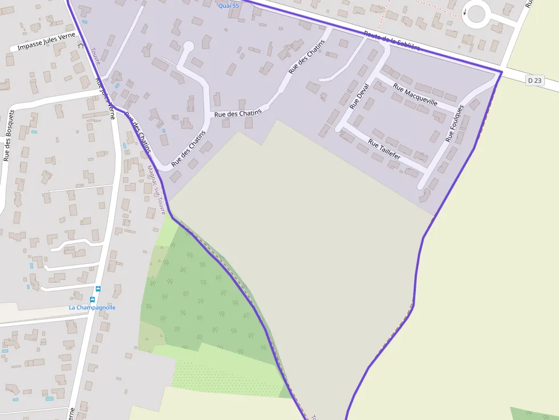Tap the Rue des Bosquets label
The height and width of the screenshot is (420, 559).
(x=7, y=143)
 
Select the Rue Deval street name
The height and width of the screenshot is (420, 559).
(x=359, y=96)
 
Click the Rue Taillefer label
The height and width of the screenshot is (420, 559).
(x=384, y=148)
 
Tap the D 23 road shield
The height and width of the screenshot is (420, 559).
(x=535, y=80)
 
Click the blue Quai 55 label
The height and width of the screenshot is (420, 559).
(x=228, y=6)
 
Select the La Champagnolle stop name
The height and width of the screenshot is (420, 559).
(x=92, y=307)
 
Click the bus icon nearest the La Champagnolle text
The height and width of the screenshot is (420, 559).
(x=92, y=299)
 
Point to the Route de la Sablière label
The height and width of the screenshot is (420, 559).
(x=391, y=40)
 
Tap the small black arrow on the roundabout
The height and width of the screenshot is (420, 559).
(x=465, y=13)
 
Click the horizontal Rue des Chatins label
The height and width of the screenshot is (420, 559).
(x=237, y=113)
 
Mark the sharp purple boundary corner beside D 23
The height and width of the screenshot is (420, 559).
(x=501, y=72)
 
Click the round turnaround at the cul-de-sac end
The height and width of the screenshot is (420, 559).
(x=188, y=46)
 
